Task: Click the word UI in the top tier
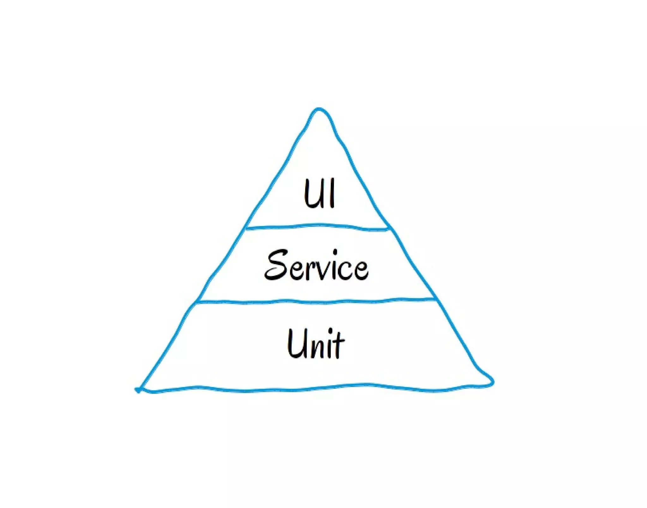click(x=319, y=193)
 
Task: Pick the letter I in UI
click(x=331, y=193)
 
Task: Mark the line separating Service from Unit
click(x=316, y=301)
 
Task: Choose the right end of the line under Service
click(x=435, y=299)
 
